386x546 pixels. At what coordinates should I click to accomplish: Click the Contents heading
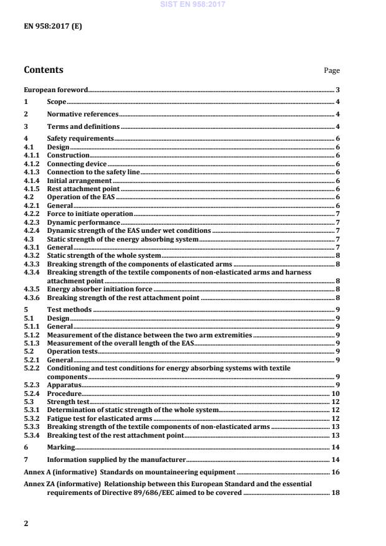click(43, 70)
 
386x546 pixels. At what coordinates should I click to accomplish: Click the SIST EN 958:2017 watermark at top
click(192, 4)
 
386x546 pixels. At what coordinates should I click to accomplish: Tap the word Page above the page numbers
click(331, 71)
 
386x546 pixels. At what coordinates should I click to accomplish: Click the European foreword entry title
click(56, 90)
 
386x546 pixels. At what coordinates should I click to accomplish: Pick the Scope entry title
click(57, 101)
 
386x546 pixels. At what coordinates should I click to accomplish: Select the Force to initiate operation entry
click(90, 214)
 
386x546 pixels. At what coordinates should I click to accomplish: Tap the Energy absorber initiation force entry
click(100, 289)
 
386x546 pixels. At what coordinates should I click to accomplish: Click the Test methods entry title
click(69, 309)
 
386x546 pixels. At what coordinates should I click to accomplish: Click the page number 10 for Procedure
click(335, 393)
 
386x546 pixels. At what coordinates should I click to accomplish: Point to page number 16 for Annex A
click(335, 473)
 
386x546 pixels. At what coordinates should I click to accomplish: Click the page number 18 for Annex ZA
click(335, 492)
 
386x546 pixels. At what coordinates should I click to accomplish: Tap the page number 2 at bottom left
click(26, 524)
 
